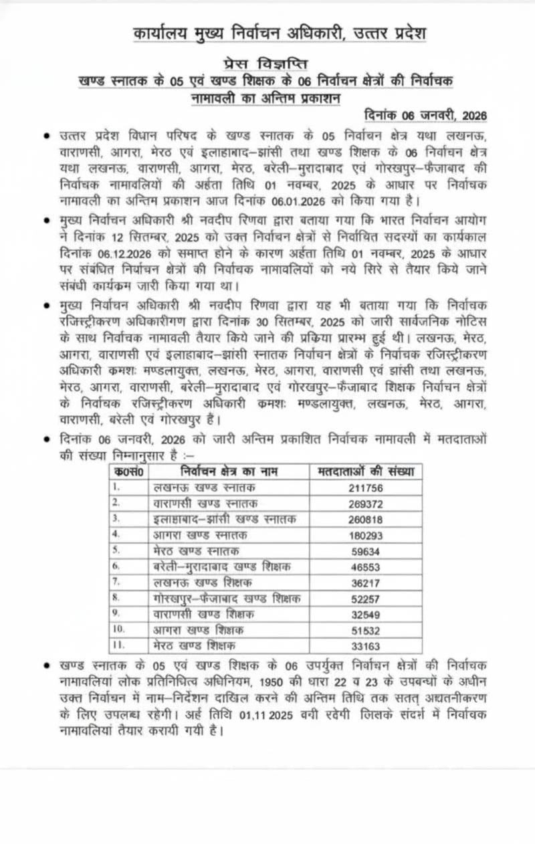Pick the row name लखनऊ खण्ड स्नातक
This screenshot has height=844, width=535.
(x=201, y=488)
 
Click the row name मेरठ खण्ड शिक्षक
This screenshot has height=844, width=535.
(x=197, y=646)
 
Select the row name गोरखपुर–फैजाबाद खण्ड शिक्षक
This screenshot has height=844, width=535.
(x=227, y=598)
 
